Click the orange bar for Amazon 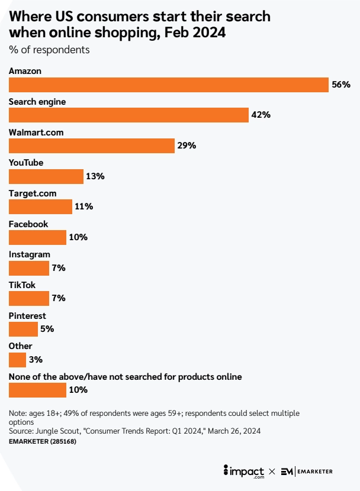pos(168,85)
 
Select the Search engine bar pos(128,115)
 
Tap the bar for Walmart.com pos(92,146)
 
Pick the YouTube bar pos(46,176)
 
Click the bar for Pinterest pos(23,329)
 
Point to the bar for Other pos(17,360)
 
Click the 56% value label pos(341,85)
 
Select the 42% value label pos(261,115)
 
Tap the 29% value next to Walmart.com pos(187,146)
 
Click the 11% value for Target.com pos(83,206)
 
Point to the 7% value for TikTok pos(58,298)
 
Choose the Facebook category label pos(28,224)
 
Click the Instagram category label pos(29,254)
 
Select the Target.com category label pos(32,193)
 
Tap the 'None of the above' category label pos(125,376)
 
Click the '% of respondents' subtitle pos(49,50)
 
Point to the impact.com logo pos(244,471)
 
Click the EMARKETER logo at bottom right pos(306,471)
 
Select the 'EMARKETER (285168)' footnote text pos(43,441)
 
